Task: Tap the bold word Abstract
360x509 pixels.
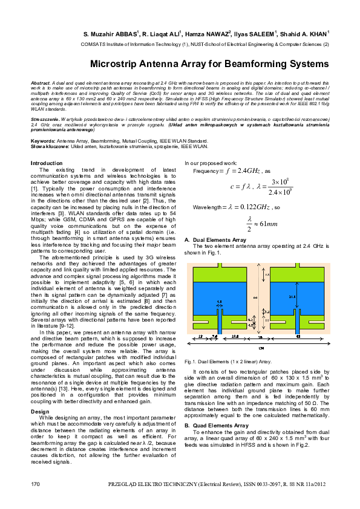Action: click(40, 82)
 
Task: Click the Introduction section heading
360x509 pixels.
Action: click(47, 163)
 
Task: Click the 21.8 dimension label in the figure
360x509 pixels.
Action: click(292, 297)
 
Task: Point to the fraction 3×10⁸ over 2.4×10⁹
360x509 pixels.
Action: click(279, 187)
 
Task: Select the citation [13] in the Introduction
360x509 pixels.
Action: click(65, 354)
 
